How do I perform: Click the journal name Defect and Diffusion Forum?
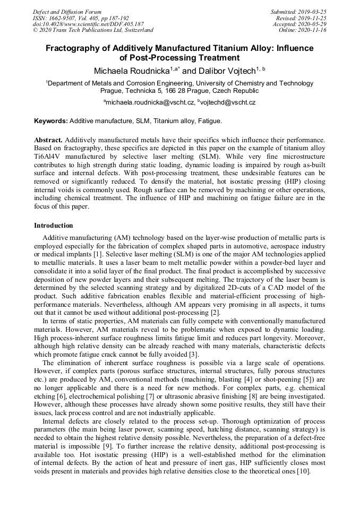click(x=67, y=12)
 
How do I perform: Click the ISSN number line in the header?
click(x=81, y=18)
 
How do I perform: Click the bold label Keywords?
click(x=51, y=121)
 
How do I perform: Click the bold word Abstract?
click(x=48, y=140)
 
